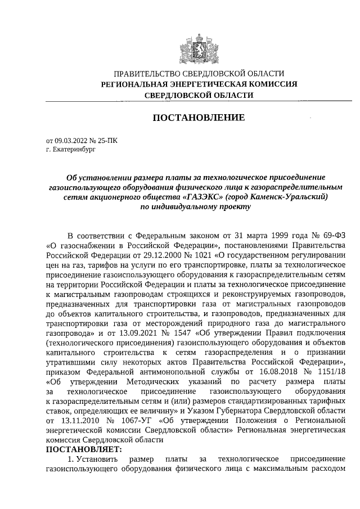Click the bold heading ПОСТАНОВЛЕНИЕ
pyautogui.click(x=199, y=118)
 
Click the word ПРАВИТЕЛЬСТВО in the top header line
pyautogui.click(x=147, y=74)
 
